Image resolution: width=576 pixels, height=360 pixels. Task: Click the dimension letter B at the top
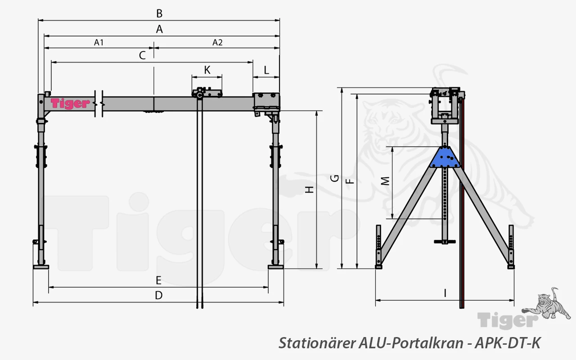(x=159, y=13)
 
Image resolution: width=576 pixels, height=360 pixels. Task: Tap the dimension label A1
(x=99, y=42)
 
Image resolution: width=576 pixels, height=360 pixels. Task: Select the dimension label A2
(x=217, y=42)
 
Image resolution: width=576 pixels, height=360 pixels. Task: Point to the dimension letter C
(x=142, y=55)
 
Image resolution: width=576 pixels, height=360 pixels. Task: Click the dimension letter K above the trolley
(x=207, y=70)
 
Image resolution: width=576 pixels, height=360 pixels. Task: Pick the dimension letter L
(x=266, y=70)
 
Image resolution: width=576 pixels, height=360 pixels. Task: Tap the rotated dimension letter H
(x=309, y=189)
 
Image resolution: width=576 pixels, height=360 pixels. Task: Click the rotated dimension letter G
(x=334, y=178)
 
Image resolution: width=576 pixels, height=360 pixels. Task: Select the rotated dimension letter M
(x=385, y=181)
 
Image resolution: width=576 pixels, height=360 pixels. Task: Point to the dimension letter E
(x=159, y=280)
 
